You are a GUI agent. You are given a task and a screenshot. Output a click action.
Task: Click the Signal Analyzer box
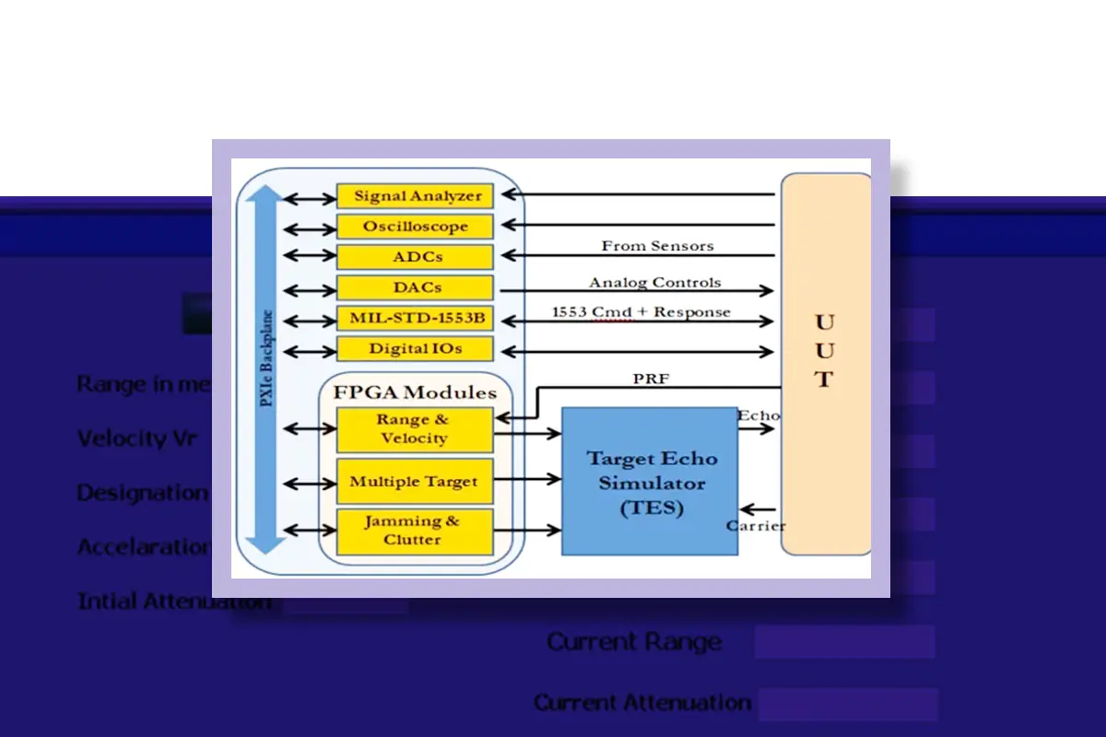415,196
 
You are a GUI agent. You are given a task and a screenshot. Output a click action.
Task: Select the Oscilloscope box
415,227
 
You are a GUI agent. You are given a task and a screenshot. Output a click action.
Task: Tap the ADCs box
415,257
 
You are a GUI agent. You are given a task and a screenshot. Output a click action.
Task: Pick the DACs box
415,287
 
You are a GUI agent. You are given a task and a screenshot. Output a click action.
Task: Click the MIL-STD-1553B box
415,319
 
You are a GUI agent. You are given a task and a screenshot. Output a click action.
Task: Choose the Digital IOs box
415,349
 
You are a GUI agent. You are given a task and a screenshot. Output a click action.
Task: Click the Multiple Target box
414,482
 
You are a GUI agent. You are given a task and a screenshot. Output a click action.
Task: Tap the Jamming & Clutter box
414,531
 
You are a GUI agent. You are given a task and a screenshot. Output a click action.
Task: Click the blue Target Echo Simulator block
650,482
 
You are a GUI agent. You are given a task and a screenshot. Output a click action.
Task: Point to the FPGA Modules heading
415,392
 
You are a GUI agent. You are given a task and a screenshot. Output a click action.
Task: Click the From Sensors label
657,246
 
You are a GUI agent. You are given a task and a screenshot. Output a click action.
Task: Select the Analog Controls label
655,282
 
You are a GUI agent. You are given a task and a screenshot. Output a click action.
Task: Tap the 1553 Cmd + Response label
641,312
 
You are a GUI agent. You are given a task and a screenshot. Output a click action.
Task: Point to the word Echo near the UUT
758,415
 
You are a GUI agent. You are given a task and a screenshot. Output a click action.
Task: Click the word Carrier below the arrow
756,526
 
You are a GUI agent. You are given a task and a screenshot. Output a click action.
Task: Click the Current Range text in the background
634,642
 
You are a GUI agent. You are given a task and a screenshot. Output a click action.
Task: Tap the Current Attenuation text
642,703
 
